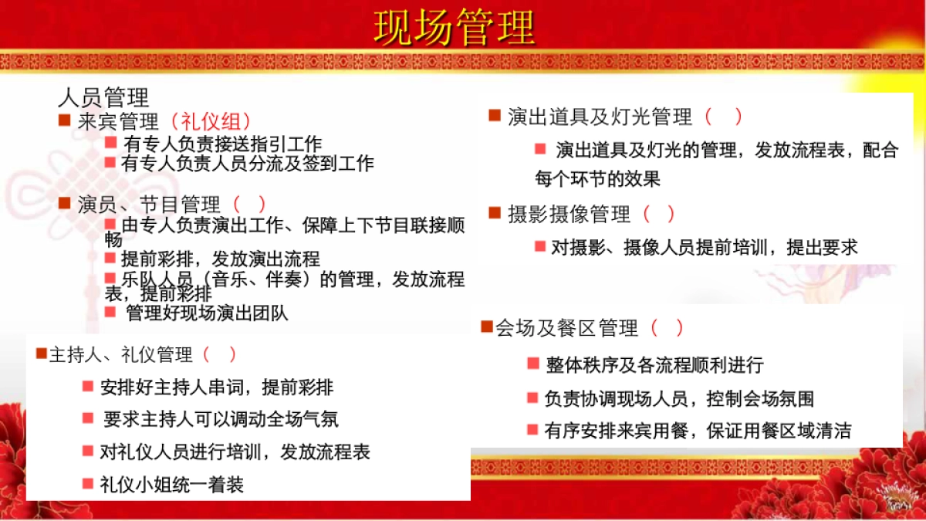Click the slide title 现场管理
pos(455,29)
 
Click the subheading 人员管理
pos(103,98)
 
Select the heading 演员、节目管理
pos(149,205)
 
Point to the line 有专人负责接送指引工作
pos(222,144)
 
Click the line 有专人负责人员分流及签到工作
pos(248,164)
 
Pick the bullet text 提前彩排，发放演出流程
pos(220,259)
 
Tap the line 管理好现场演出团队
pos(207,313)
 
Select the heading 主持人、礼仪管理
pos(120,355)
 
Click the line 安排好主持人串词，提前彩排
pos(217,387)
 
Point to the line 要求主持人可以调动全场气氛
pos(221,419)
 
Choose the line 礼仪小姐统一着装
pos(171,485)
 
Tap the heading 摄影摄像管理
pos(569,215)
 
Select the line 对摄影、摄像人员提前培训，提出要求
pos(705,248)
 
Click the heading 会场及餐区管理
pos(566,328)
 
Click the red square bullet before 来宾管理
pos(65,120)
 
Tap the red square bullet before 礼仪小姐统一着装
pos(87,484)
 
